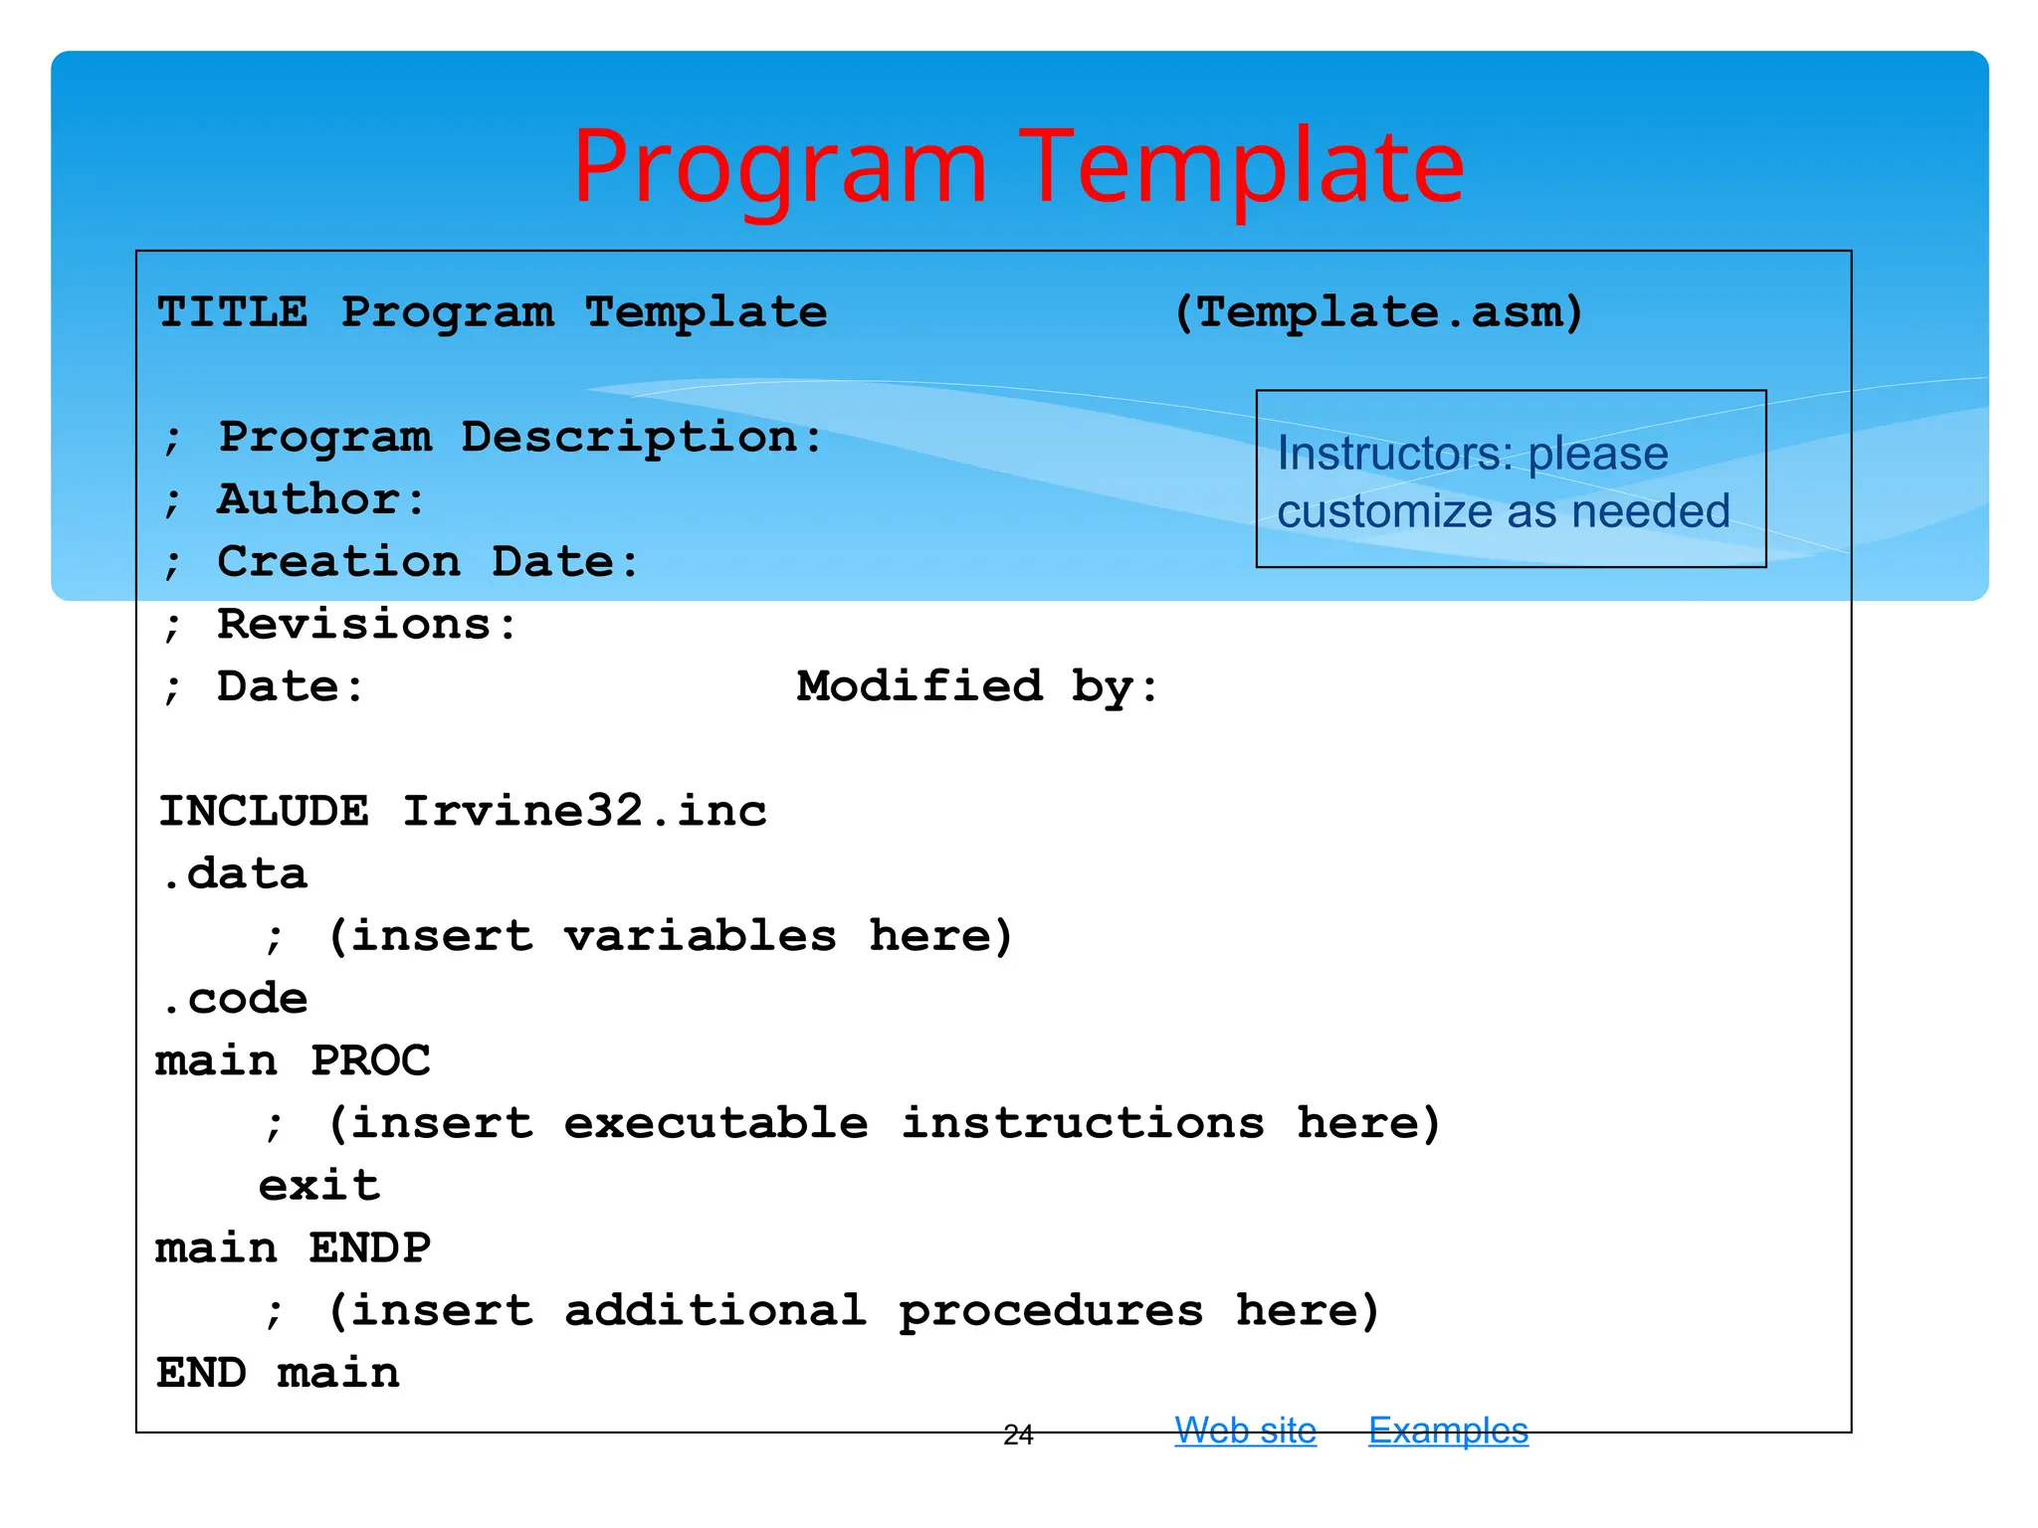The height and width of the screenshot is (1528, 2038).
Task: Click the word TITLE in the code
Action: click(233, 312)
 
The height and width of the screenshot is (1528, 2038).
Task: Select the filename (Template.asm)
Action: click(1378, 312)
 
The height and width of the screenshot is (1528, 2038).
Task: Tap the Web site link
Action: click(1245, 1431)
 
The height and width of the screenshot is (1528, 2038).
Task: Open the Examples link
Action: click(1448, 1431)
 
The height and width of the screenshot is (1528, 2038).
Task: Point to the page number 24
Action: click(1018, 1434)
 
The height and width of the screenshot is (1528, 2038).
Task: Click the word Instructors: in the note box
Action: click(1393, 454)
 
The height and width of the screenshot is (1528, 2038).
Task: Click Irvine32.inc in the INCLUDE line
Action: click(584, 811)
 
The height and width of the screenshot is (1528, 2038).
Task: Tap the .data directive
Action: click(235, 873)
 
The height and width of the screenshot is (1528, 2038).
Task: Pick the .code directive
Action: click(235, 998)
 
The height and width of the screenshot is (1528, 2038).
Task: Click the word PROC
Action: click(370, 1060)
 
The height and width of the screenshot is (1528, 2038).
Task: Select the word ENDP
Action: click(370, 1247)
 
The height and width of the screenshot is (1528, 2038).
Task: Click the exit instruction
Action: click(319, 1185)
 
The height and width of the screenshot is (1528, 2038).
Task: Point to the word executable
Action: click(715, 1123)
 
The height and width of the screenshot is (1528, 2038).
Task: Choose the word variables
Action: click(700, 935)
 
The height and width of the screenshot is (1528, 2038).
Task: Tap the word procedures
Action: click(1051, 1310)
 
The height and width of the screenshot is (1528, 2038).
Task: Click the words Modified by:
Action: click(978, 686)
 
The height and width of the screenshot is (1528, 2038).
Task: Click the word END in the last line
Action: click(201, 1373)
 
